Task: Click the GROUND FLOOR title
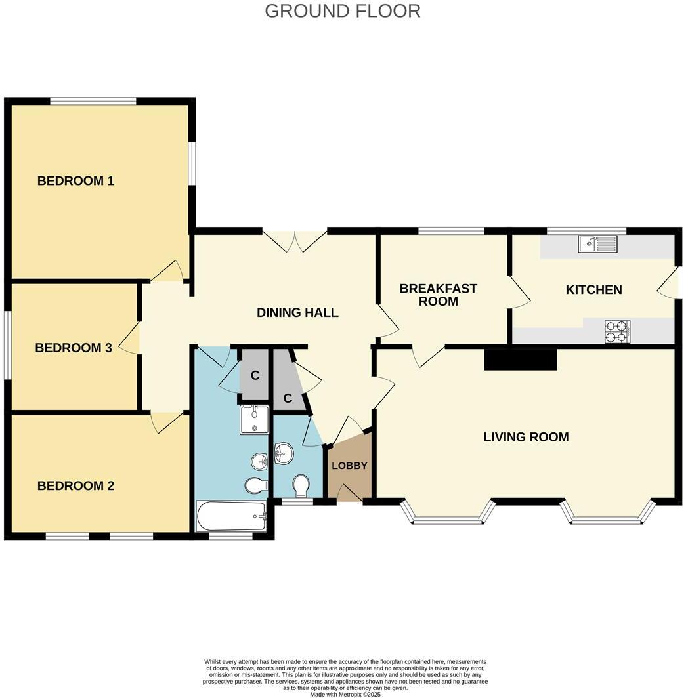coord(342,11)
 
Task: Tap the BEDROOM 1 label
coord(75,181)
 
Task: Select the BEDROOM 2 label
coord(75,486)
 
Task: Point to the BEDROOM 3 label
coord(74,348)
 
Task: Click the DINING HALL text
coord(297,313)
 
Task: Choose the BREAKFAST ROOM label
coord(438,295)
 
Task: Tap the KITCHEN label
coord(593,289)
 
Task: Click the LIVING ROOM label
coord(526,437)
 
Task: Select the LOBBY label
coord(349,466)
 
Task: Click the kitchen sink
coord(597,244)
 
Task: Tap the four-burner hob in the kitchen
coord(617,331)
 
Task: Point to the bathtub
coord(231,517)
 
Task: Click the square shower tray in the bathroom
coord(254,420)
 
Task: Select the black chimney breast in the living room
coord(520,359)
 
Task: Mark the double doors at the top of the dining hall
coord(295,240)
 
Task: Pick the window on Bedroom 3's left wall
coord(7,344)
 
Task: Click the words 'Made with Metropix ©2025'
coord(345,694)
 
